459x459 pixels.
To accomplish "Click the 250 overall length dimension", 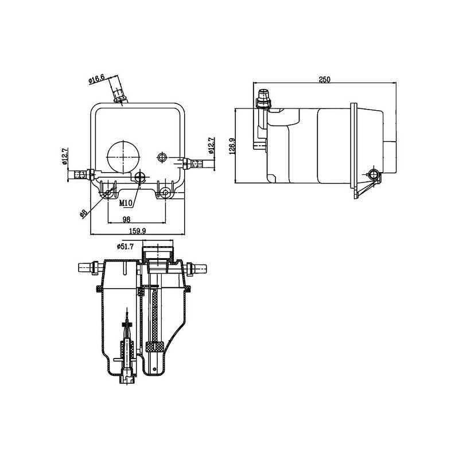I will click(325, 80).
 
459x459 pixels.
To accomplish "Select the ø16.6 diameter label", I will click(96, 79).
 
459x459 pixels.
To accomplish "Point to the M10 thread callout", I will click(126, 203).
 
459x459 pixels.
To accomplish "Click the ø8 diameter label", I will click(84, 213).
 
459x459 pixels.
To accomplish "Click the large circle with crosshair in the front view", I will click(123, 157).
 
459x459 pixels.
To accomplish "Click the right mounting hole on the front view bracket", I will click(165, 192).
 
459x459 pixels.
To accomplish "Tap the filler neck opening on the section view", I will click(158, 252).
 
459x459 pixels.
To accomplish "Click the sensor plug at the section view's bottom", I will click(126, 376).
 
